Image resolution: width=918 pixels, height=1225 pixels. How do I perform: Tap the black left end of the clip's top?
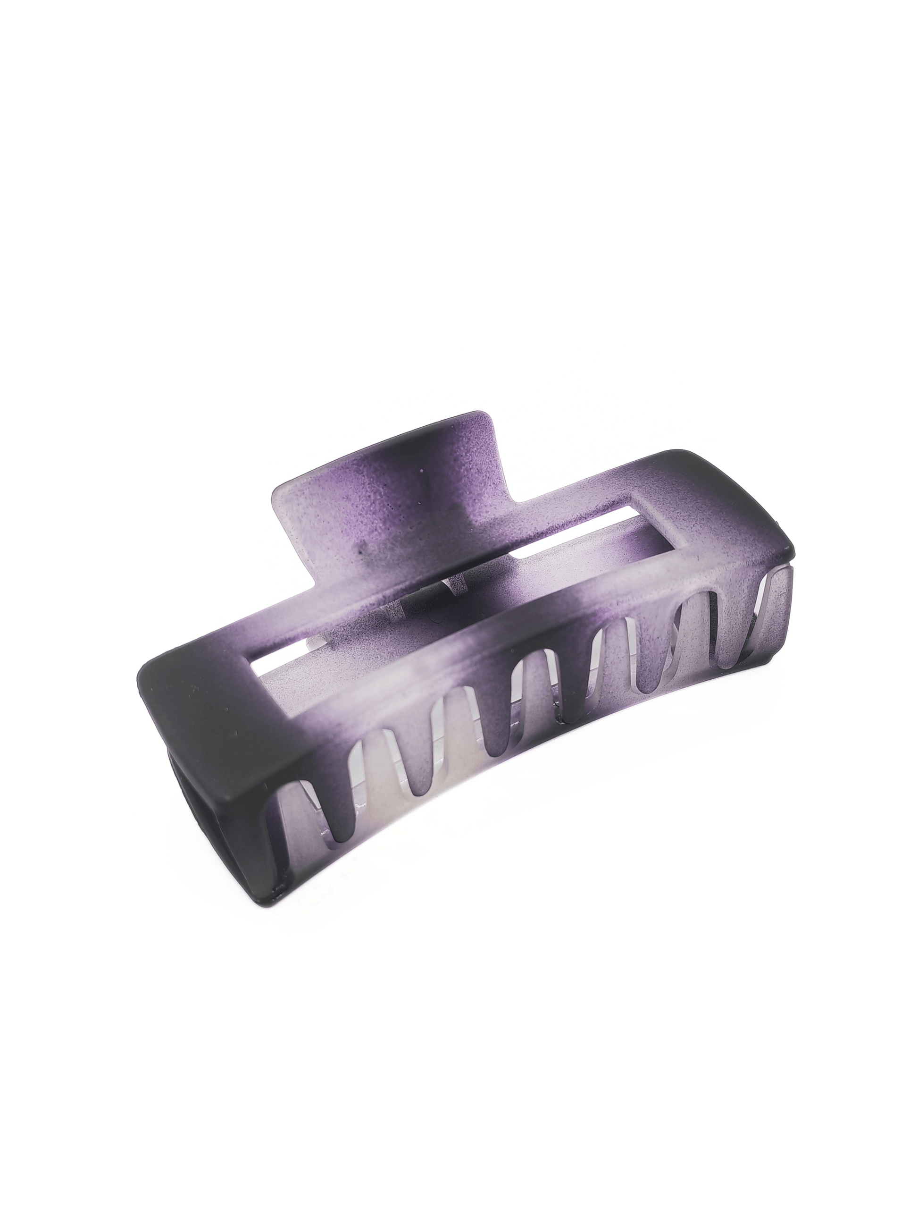point(183,709)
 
